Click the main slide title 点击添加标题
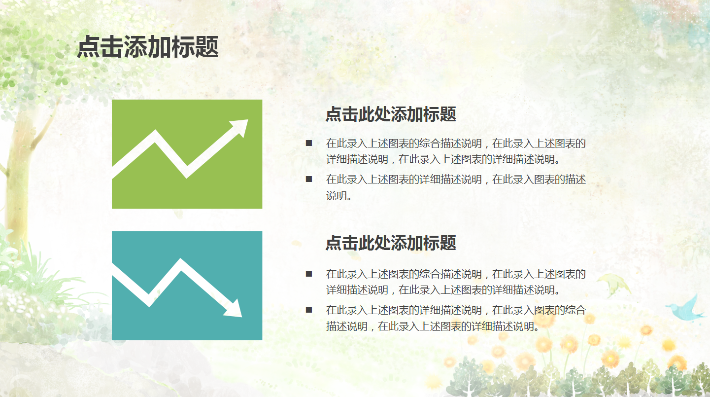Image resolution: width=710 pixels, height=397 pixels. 148,47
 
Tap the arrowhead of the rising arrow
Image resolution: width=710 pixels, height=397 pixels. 241,126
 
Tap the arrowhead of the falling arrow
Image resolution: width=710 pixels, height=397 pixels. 235,309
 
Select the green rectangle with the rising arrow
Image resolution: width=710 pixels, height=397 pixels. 187,192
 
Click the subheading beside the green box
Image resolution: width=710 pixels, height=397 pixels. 391,114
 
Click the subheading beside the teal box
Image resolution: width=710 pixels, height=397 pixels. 391,243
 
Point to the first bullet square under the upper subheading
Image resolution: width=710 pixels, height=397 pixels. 309,144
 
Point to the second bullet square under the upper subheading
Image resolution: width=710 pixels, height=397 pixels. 309,179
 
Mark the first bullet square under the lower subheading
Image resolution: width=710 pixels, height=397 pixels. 309,274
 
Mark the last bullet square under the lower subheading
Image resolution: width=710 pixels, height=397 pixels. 309,310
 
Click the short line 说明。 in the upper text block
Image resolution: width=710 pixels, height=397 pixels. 339,196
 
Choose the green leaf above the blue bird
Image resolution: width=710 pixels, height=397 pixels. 613,284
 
